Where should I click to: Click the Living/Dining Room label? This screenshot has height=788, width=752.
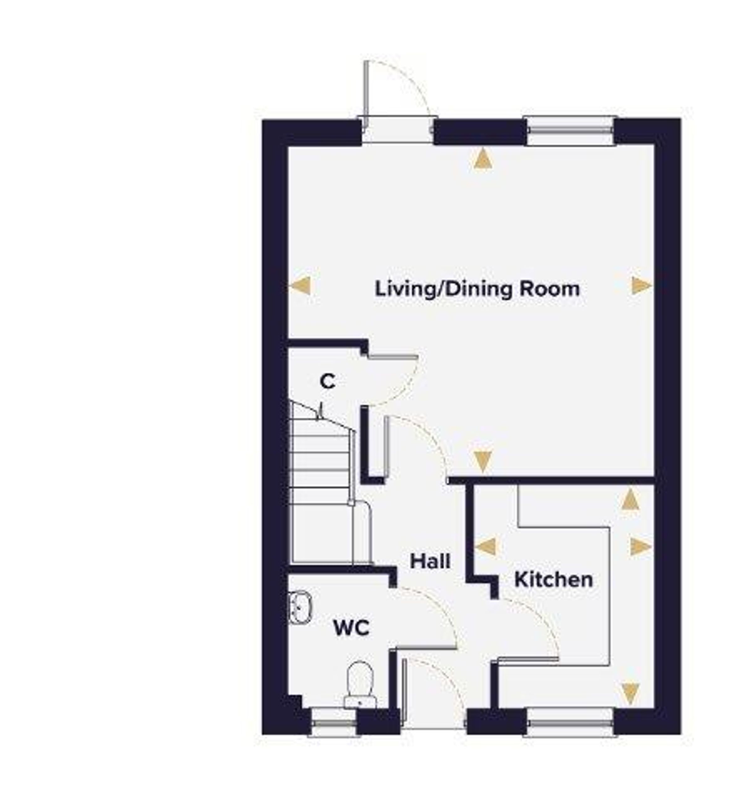(477, 290)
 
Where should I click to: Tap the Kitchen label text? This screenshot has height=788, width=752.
(554, 580)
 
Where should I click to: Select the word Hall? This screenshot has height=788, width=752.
(430, 562)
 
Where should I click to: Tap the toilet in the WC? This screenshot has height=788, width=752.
(360, 685)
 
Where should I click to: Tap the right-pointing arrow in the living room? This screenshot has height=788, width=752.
(642, 286)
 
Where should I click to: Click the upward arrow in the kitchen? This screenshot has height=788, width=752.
(630, 499)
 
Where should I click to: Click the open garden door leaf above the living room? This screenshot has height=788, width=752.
(366, 96)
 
